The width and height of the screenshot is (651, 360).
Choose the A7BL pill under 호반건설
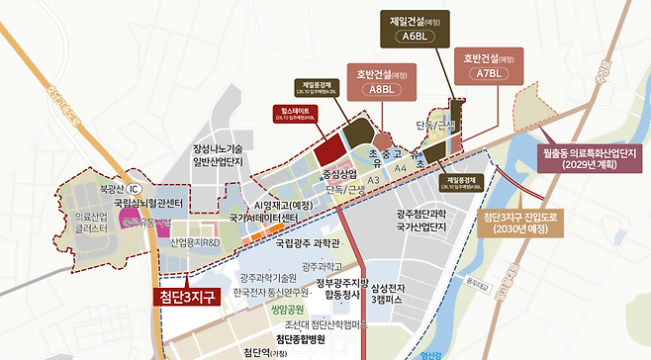click(488, 72)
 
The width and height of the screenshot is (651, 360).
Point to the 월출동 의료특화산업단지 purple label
click(593, 160)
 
